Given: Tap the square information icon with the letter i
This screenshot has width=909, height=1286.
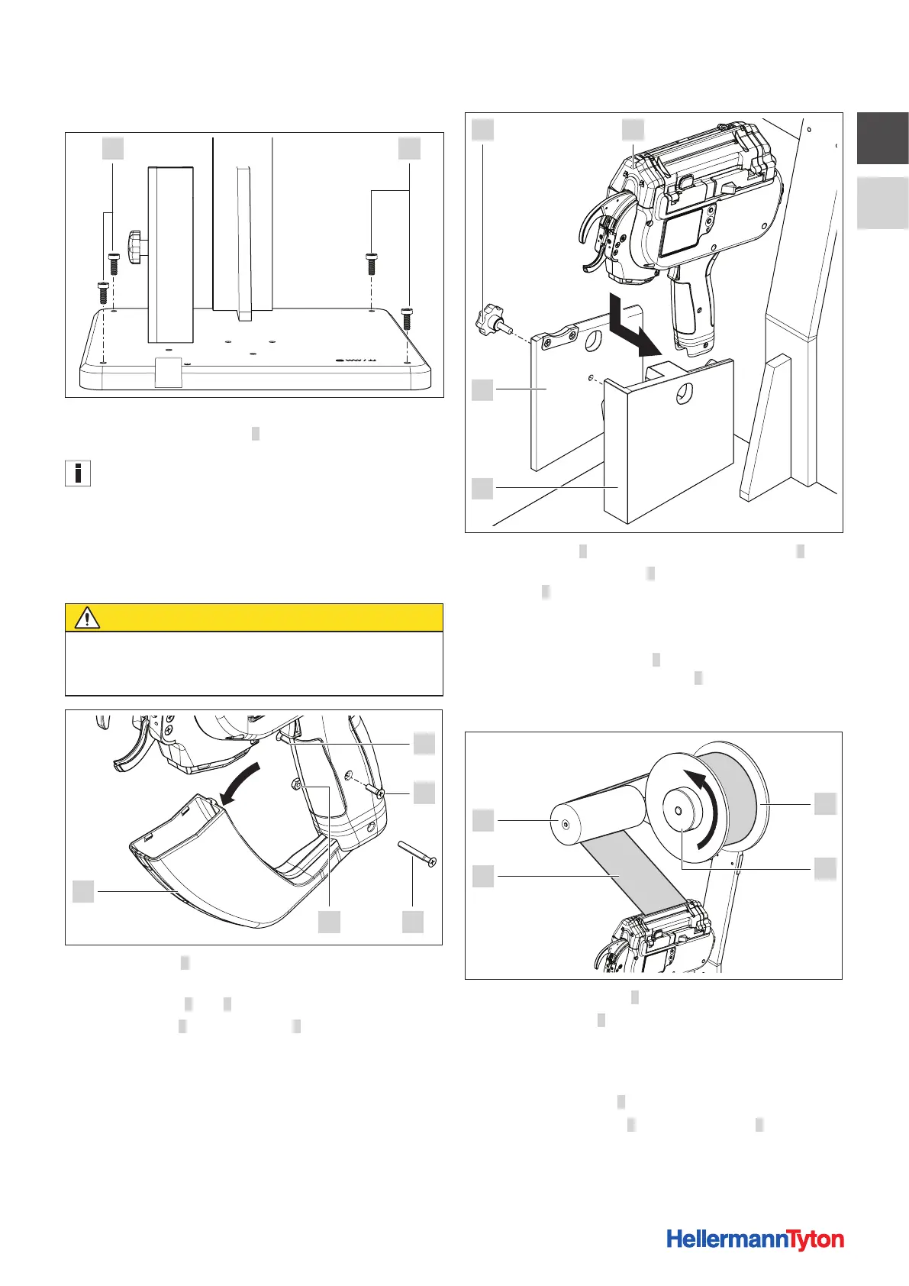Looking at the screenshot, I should click(78, 473).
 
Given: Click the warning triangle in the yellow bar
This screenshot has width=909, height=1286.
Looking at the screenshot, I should click(87, 618).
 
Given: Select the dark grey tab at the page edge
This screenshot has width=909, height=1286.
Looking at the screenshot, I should click(882, 138).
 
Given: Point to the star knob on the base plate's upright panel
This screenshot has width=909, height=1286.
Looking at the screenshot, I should click(138, 248).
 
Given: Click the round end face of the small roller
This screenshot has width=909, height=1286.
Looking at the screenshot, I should click(564, 824).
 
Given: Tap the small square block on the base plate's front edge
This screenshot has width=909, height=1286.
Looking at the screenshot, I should click(168, 371).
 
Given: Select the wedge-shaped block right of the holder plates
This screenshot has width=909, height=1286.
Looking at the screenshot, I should click(767, 428).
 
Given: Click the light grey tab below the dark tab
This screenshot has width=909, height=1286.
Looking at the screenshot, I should click(882, 203).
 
